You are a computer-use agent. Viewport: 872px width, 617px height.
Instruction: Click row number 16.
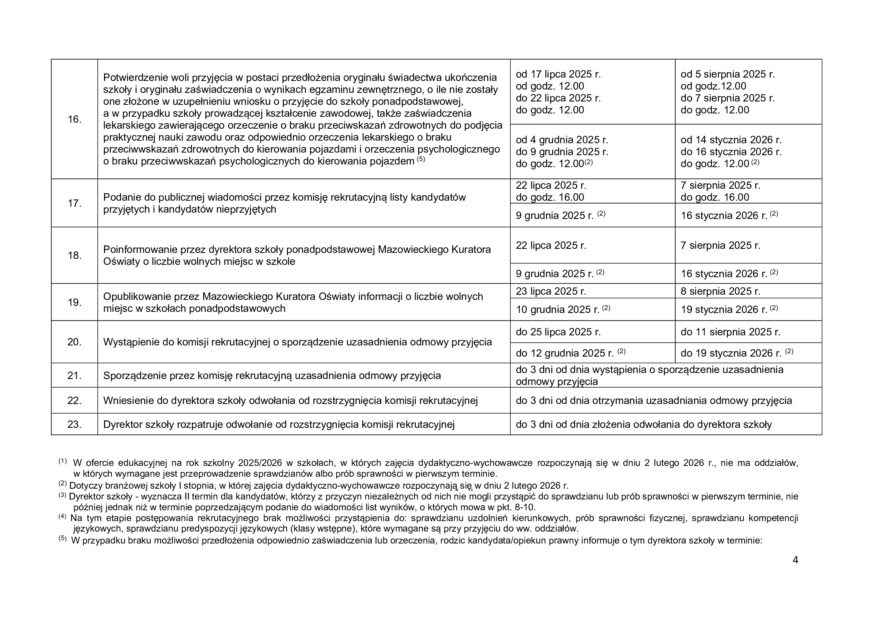pos(75,119)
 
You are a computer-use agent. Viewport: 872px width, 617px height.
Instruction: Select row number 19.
pos(75,303)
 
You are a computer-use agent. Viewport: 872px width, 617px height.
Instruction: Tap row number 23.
pos(75,425)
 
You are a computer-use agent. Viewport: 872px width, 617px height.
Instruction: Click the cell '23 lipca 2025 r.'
pos(551,291)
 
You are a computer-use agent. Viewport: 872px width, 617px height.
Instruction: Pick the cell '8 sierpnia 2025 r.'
pos(720,291)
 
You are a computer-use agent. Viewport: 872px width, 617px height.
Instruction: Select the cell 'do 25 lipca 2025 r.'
pos(558,332)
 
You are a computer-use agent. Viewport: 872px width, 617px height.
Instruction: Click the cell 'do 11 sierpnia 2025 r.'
pos(730,332)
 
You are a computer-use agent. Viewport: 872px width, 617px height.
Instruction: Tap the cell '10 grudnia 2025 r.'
pos(557,310)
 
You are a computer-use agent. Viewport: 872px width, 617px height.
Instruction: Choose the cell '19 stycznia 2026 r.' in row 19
pos(724,310)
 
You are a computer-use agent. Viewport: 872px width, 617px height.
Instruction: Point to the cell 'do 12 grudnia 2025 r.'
pos(565,353)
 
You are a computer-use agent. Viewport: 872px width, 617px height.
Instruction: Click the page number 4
pos(795,560)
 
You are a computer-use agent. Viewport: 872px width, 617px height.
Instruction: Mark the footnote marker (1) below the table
pos(63,461)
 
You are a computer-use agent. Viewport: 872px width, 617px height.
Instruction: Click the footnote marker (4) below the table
pos(63,516)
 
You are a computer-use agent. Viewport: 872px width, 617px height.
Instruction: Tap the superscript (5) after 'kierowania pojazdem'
pos(421,159)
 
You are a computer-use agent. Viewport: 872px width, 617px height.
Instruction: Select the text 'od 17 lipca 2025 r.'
pos(558,74)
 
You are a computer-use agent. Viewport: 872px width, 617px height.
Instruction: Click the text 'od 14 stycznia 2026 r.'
pos(731,140)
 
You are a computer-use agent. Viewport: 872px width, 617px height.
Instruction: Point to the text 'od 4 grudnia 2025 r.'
pos(562,140)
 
